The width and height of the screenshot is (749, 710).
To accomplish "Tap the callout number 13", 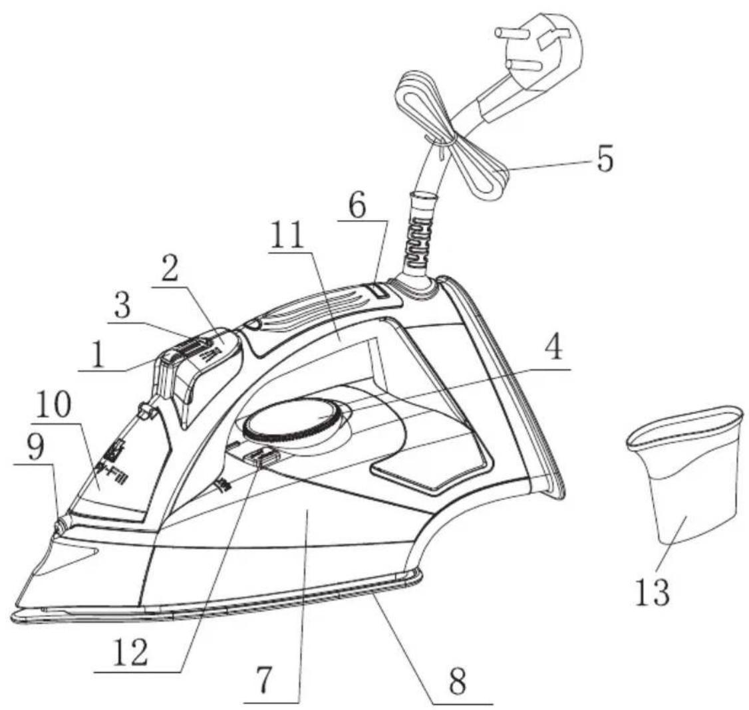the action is point(653,591).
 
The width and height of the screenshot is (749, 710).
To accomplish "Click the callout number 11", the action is point(287,234).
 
